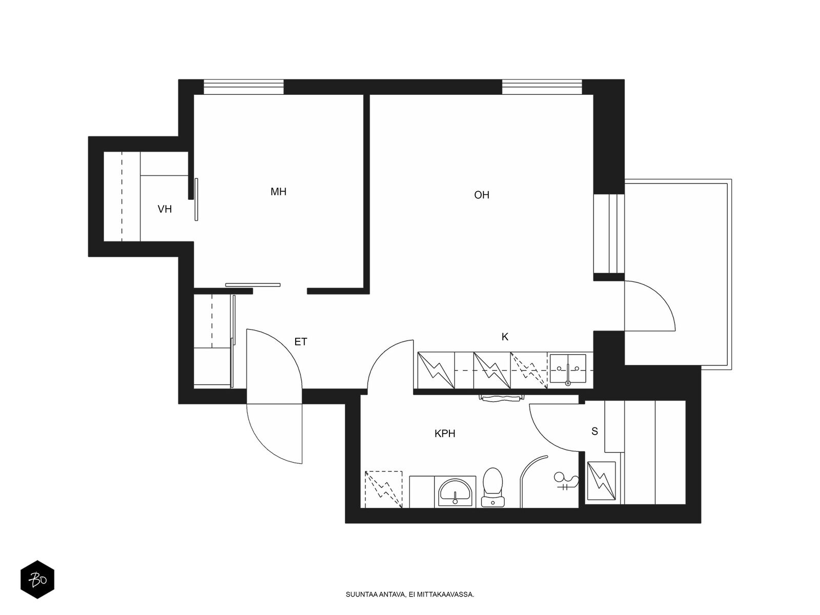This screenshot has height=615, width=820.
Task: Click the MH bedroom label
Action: (x=278, y=192)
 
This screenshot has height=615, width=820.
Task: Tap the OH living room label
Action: (x=482, y=195)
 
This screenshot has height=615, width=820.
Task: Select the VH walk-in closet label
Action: (x=165, y=209)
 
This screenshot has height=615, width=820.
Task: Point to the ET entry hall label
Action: (x=301, y=342)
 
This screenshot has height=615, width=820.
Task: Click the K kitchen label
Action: (x=505, y=337)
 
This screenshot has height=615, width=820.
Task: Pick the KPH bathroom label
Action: (x=444, y=434)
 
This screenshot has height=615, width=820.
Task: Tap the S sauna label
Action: (x=594, y=432)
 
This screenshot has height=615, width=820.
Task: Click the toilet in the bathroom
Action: (x=493, y=487)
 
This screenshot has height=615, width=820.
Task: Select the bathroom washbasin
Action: (x=455, y=492)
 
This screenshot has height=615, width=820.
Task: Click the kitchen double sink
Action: (x=568, y=370)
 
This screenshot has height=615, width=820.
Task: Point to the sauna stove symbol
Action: (x=602, y=481)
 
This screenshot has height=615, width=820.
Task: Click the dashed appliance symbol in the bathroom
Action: (x=383, y=489)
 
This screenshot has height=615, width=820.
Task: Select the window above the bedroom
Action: (x=243, y=87)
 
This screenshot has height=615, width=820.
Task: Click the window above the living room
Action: (x=542, y=87)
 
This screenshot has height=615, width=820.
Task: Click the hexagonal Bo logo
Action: (x=37, y=580)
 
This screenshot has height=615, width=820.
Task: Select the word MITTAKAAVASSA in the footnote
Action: (x=446, y=594)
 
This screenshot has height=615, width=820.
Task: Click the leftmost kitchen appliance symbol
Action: (x=436, y=370)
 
